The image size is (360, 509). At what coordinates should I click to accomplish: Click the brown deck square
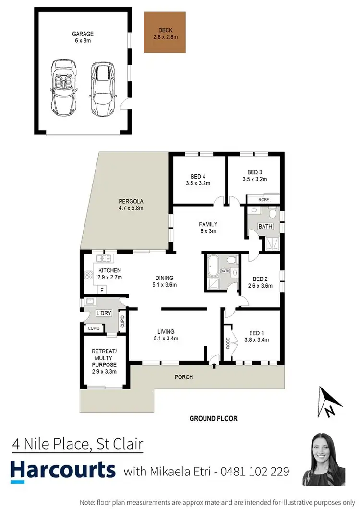[164, 32]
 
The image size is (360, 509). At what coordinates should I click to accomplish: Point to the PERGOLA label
[132, 201]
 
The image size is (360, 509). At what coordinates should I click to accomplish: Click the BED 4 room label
[198, 176]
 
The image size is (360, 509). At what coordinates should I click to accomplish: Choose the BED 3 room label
[254, 172]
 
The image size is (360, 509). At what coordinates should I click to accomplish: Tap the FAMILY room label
[208, 224]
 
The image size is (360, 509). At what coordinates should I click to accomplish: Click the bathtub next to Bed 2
[214, 265]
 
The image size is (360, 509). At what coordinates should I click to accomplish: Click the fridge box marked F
[102, 290]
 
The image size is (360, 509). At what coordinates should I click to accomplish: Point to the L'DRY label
[104, 313]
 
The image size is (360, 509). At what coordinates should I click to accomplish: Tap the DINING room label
[164, 278]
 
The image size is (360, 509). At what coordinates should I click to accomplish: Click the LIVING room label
[166, 331]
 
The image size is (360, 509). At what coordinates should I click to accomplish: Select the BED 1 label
[256, 333]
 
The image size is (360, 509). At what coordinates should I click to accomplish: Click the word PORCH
[184, 377]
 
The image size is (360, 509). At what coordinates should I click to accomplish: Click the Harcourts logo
[63, 470]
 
